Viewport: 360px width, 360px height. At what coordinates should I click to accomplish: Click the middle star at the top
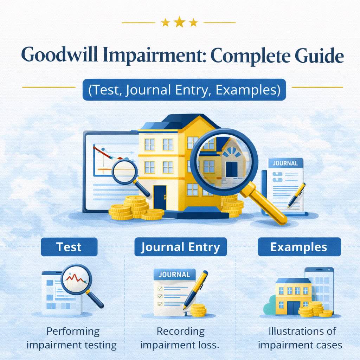(x=179, y=22)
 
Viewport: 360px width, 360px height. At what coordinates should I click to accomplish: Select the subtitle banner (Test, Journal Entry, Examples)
(x=184, y=90)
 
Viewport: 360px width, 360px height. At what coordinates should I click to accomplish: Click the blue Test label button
(x=69, y=247)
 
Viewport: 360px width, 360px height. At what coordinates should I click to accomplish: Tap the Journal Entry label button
(x=180, y=247)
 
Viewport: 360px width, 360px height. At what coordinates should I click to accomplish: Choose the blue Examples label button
(x=299, y=247)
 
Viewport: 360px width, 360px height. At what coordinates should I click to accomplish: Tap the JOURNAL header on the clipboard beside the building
(x=285, y=163)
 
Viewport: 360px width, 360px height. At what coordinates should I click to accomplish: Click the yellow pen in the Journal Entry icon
(x=195, y=288)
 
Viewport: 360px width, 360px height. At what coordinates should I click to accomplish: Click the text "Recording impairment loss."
(x=180, y=338)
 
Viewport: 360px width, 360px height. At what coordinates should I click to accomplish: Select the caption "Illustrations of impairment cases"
(x=300, y=338)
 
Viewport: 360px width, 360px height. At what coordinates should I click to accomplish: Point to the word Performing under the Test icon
(x=73, y=331)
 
